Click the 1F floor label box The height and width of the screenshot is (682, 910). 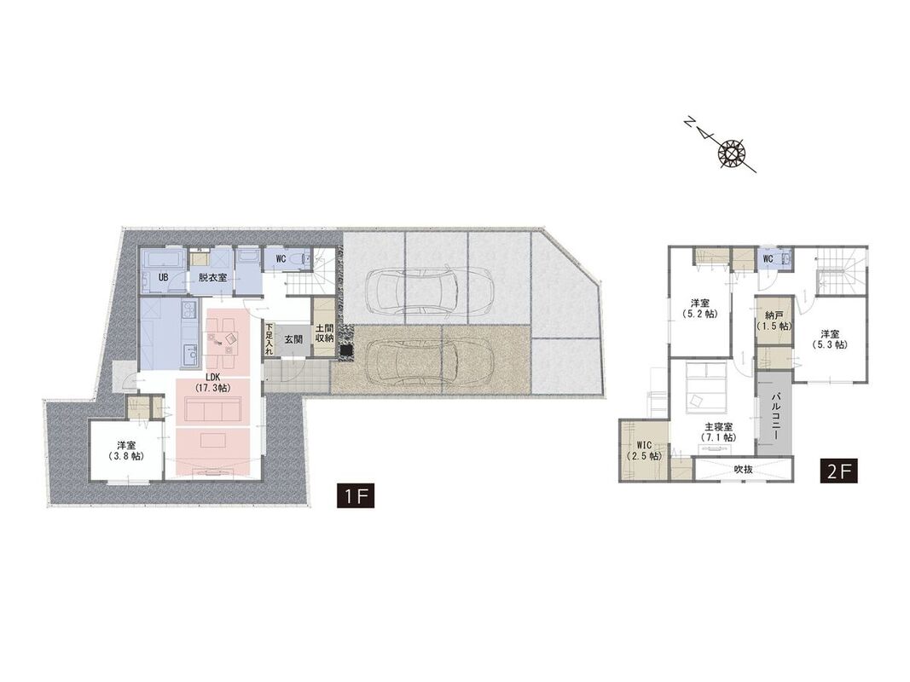(x=356, y=496)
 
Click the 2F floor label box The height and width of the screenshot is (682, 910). (x=838, y=471)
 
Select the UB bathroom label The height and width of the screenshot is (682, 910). (x=164, y=278)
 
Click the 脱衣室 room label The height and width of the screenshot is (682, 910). (x=212, y=278)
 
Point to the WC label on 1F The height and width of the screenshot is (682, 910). (x=281, y=257)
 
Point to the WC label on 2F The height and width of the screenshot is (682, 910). (x=768, y=258)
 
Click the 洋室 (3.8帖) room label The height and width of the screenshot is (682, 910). (x=126, y=451)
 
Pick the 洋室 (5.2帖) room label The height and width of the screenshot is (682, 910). (x=699, y=308)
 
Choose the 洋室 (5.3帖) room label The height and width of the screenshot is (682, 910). (x=829, y=339)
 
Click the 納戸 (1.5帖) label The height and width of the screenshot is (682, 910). (x=774, y=321)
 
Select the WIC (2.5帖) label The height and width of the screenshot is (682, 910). (x=644, y=451)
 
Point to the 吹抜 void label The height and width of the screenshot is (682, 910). (x=744, y=469)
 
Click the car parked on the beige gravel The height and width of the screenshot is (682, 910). (x=430, y=361)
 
